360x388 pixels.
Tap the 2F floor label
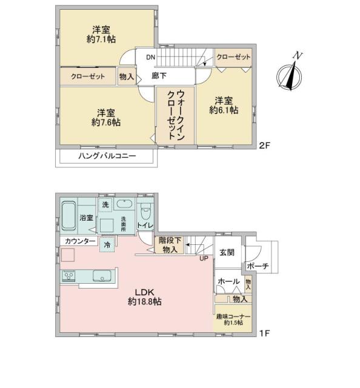coord(264,145)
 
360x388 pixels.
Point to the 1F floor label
coord(264,333)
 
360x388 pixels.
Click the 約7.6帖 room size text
coord(107,122)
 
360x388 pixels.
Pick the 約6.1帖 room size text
coord(224,110)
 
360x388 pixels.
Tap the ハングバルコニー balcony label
coord(107,156)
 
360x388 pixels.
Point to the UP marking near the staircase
coord(204,258)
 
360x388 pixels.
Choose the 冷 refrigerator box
coord(107,245)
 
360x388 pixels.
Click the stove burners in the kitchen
coord(68,276)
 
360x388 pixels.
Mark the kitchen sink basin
coord(102,276)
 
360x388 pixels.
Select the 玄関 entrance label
coord(227,252)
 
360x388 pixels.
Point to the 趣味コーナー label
coord(229,316)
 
